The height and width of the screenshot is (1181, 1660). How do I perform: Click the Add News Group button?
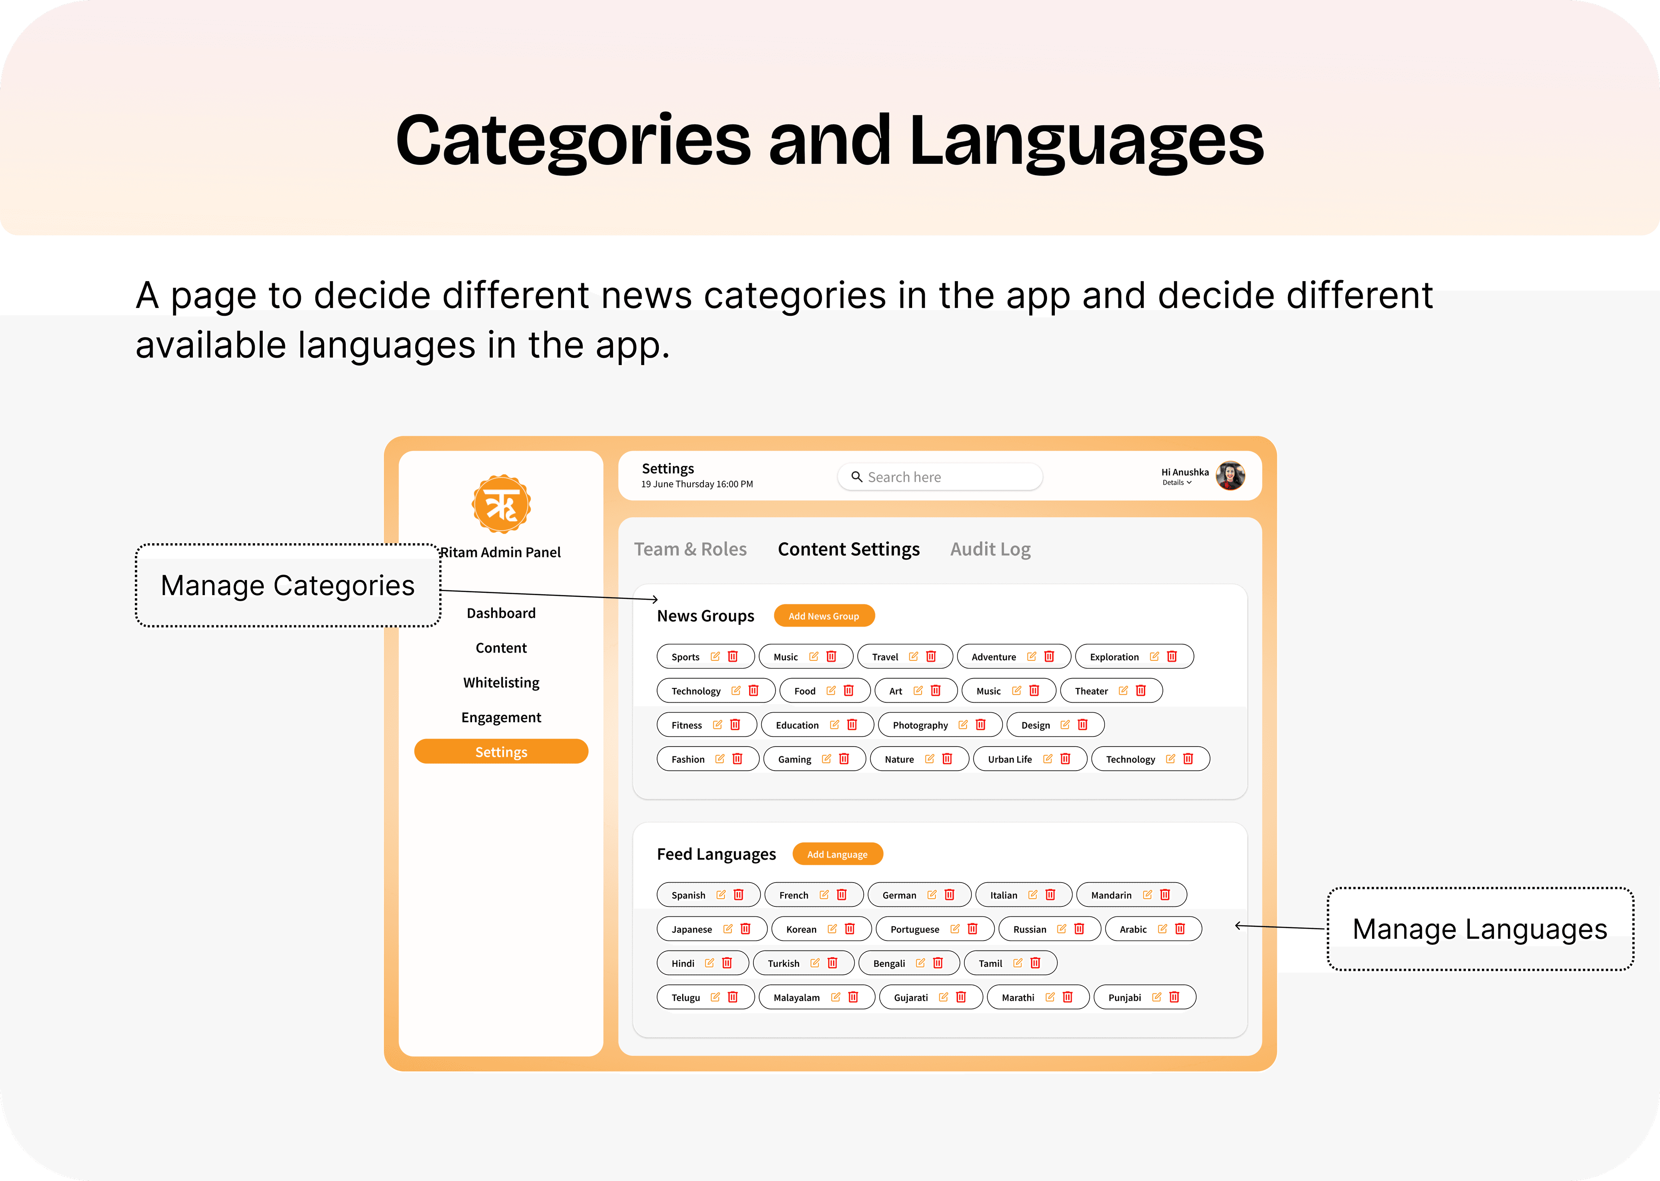coord(824,616)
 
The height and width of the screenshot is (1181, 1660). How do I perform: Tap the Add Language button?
coord(837,854)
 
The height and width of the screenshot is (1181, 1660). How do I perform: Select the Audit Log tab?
coord(990,549)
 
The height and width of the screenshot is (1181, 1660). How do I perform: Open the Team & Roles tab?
coord(690,549)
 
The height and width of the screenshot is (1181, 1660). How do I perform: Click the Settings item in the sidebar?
coord(501,751)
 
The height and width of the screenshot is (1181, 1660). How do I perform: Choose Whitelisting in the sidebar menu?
coord(501,682)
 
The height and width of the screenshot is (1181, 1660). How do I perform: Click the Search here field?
coord(940,477)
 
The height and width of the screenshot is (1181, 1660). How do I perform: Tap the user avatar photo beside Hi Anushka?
coord(1230,476)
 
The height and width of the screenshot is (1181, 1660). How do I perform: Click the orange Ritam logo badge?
coord(501,504)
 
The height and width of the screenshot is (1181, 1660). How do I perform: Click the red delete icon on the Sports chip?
coord(733,656)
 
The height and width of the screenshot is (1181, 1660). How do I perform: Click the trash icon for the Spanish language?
coord(738,894)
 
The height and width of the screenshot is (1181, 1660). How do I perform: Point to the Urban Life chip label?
coord(1009,759)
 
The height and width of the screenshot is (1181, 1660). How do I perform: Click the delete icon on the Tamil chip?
coord(1035,963)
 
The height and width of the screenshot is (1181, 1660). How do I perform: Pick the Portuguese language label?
coord(914,929)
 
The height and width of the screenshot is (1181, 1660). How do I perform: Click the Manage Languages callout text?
coord(1480,929)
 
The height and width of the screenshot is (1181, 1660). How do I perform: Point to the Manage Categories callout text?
coord(288,586)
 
